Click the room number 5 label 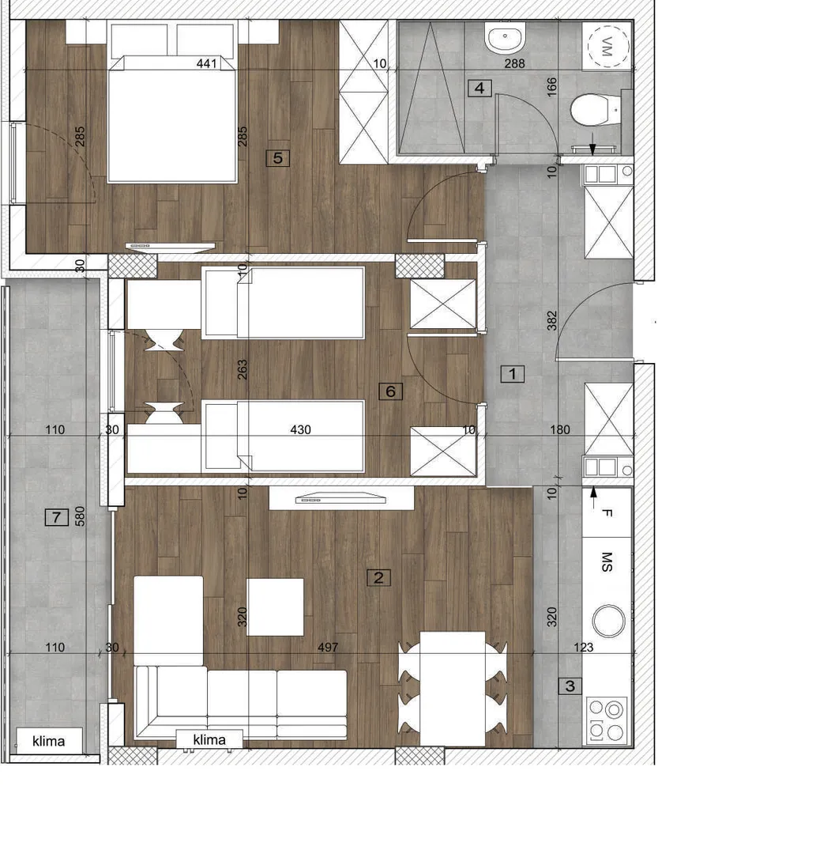277,158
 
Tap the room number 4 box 479,88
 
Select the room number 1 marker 512,373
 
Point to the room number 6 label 390,391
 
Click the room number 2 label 378,577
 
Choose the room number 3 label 570,686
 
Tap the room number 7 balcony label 57,517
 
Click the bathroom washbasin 505,38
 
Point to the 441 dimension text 207,63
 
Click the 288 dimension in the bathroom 514,63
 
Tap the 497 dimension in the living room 328,647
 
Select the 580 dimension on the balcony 80,516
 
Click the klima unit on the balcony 49,741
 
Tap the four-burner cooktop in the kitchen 607,720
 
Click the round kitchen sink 608,621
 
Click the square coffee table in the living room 275,606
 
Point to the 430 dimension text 300,429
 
